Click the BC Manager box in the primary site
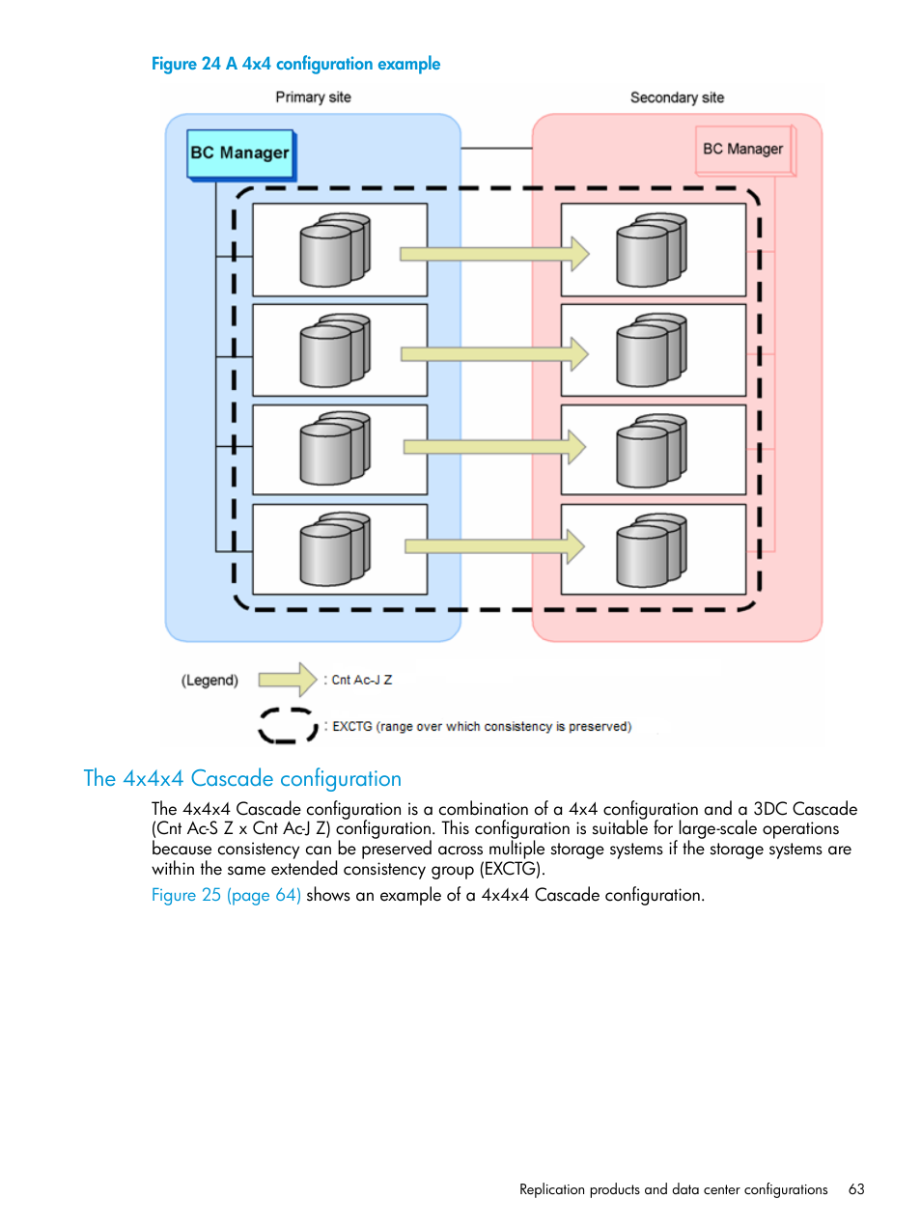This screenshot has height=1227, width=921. (x=240, y=153)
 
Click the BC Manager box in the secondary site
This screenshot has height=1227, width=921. (x=743, y=150)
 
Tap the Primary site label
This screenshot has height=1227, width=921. (x=313, y=98)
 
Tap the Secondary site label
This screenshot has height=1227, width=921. (x=677, y=98)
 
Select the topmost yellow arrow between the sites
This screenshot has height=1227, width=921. (x=493, y=254)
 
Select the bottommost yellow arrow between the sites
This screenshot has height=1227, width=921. (x=493, y=546)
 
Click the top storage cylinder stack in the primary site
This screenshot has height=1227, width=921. (x=334, y=250)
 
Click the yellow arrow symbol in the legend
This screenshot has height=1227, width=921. (x=287, y=680)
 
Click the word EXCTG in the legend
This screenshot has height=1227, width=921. (x=352, y=727)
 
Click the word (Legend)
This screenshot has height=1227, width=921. (x=209, y=681)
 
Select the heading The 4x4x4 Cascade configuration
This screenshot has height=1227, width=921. (x=242, y=779)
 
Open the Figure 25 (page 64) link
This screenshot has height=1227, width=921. (x=226, y=896)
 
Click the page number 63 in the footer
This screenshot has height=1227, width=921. (x=856, y=1189)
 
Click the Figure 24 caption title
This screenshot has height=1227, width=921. (x=295, y=64)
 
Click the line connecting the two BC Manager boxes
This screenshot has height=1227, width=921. (x=496, y=149)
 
